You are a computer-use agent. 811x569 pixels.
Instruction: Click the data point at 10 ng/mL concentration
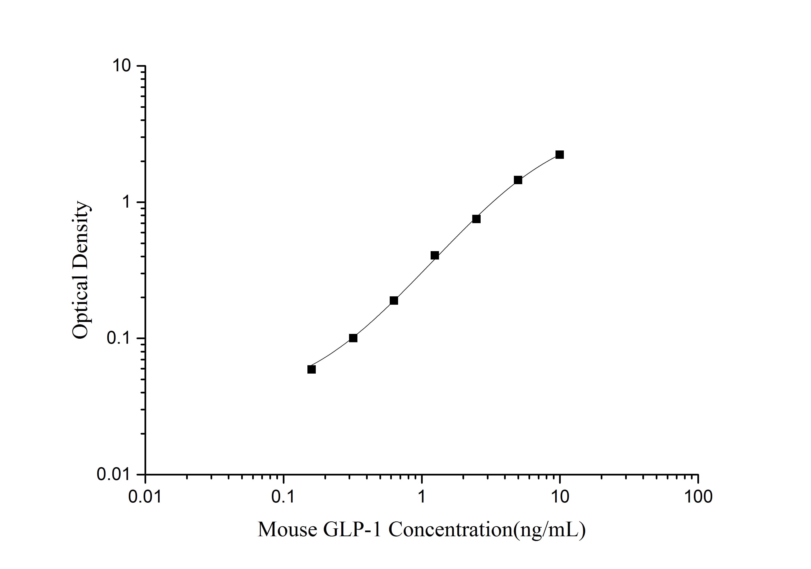560,155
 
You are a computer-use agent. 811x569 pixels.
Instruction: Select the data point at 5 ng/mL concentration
518,180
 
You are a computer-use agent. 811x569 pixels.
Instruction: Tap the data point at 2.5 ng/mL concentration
476,219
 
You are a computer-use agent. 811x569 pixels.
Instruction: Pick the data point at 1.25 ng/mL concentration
435,255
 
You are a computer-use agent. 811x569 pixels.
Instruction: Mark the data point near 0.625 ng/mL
394,301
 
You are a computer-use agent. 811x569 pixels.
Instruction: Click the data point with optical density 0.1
353,338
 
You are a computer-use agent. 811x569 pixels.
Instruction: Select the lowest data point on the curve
311,370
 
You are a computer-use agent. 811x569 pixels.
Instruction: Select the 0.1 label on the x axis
283,497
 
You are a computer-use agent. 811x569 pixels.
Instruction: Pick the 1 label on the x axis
421,497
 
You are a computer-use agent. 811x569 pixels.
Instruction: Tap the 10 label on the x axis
560,497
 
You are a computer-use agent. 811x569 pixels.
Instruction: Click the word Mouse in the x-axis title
287,530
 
